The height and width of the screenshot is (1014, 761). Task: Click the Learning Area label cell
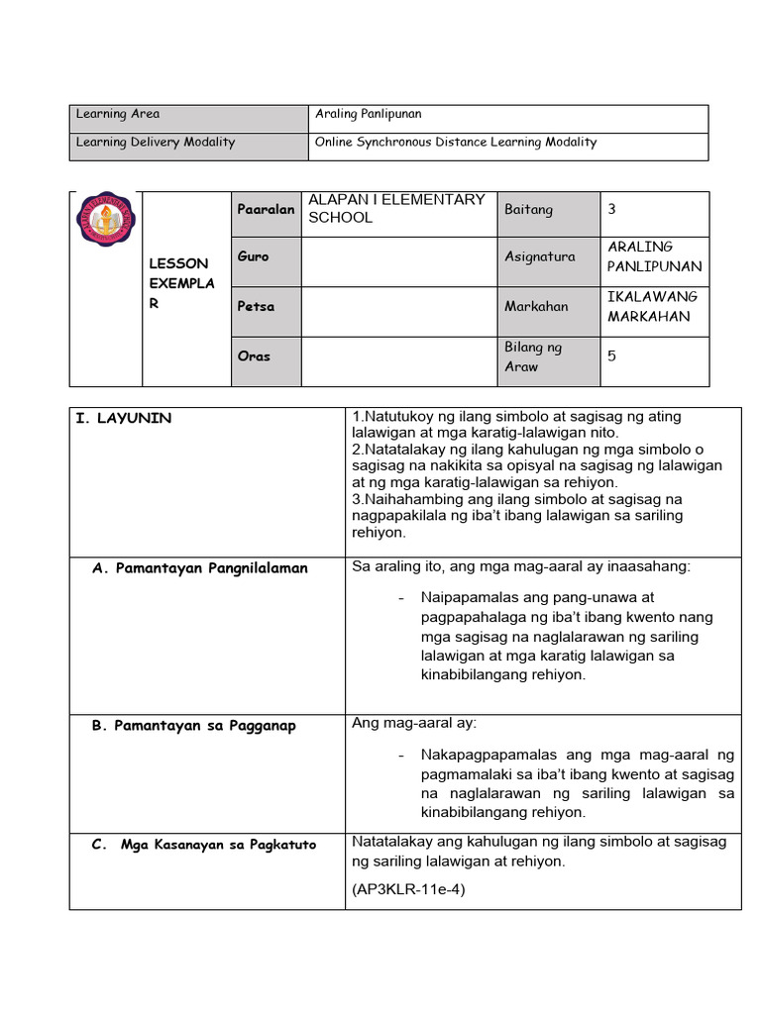click(x=118, y=115)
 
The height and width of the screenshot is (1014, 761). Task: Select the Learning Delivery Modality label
click(x=156, y=143)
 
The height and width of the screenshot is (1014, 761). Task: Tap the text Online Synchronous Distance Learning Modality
click(x=456, y=143)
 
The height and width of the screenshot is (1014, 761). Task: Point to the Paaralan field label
click(x=266, y=210)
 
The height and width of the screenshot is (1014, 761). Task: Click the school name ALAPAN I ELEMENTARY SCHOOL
click(x=396, y=209)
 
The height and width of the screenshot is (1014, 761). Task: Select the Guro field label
click(x=254, y=256)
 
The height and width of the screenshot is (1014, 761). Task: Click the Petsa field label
click(x=256, y=307)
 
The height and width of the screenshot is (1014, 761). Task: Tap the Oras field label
click(x=254, y=356)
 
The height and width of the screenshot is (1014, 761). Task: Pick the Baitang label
click(x=529, y=210)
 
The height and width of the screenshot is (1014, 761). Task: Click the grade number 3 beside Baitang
click(x=611, y=209)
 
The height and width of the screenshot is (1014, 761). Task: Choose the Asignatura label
click(x=540, y=256)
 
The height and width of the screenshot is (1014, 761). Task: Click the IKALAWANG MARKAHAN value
click(x=652, y=307)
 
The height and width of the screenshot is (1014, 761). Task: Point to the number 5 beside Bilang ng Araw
click(x=611, y=355)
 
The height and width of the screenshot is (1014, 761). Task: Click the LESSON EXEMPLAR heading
click(x=178, y=283)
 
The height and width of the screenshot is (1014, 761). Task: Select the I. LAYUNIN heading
click(x=124, y=419)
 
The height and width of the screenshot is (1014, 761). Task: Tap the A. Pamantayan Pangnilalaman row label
click(x=199, y=568)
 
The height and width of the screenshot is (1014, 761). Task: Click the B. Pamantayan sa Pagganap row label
click(x=193, y=726)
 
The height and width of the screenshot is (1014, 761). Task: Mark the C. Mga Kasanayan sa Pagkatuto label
click(x=203, y=845)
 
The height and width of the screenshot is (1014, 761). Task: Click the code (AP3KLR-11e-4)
click(x=408, y=889)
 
